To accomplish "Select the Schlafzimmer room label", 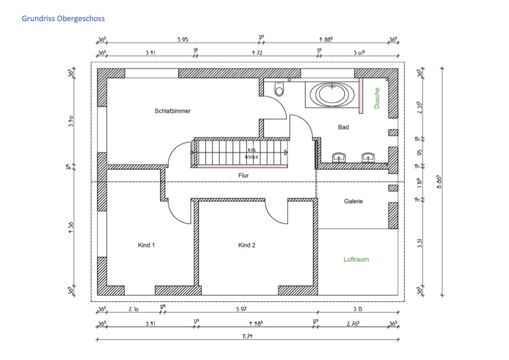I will coord(172,111).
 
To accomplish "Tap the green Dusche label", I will coord(376,99).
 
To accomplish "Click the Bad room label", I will coord(343,127).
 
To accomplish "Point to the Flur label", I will coord(243,175).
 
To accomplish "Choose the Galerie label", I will coord(353,201).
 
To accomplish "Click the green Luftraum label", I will coord(356,259).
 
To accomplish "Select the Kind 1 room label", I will coord(146,245).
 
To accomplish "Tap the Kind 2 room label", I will coord(246,245).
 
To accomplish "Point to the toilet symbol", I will coord(278,90).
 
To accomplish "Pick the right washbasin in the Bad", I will coord(367,158).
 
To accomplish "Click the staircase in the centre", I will coord(239,151).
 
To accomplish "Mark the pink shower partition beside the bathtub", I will coord(361,94).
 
